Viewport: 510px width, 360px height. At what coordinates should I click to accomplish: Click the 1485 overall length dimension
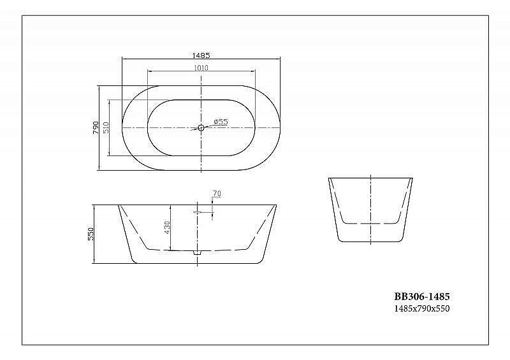coord(201,55)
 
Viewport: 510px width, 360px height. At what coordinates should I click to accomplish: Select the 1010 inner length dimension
coord(201,68)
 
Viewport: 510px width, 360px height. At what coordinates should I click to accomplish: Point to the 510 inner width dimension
coord(106,128)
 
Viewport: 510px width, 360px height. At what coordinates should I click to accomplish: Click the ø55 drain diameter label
coord(221,122)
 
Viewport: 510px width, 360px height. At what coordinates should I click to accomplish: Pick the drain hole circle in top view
coord(201,128)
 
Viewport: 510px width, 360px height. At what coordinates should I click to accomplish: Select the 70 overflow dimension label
coord(216,193)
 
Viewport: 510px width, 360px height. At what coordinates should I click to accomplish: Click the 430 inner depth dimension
coord(167,227)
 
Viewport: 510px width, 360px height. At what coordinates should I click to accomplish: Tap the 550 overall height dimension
coord(91,234)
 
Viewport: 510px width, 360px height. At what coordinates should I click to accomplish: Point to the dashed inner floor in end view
coord(370,224)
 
